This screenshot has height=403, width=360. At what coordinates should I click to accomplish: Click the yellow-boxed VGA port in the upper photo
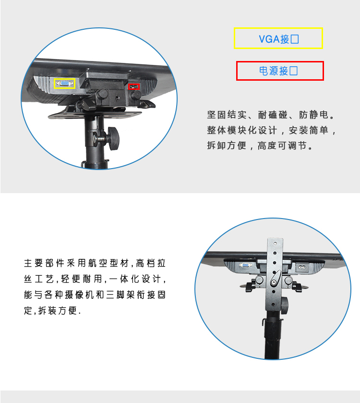pos(64,84)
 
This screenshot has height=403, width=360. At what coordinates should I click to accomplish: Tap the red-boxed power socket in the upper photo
pos(134,86)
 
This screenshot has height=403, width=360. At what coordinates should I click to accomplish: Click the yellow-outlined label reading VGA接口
pos(278,38)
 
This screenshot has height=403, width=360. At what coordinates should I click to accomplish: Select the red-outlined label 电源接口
pos(280,71)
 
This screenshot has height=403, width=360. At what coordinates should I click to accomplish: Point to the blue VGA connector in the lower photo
pos(245,265)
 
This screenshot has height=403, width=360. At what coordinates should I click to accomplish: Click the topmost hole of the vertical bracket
pos(275,243)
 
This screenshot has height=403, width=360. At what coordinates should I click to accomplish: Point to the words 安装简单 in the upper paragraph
pos(308,130)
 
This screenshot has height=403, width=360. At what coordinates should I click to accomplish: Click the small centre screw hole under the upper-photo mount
pos(117,98)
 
